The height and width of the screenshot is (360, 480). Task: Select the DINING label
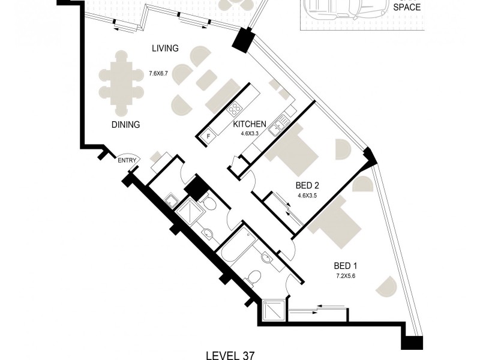pos(125,125)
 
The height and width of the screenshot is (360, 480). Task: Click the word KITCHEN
pos(250,124)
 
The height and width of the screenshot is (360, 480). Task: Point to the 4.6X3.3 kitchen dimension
pos(249,134)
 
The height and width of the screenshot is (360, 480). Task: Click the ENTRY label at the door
pos(127,160)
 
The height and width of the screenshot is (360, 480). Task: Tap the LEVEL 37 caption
pos(230,355)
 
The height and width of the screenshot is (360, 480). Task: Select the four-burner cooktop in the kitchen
pos(235,110)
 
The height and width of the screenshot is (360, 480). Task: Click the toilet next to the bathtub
pos(254,277)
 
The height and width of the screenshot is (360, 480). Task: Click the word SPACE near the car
pos(406,8)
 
